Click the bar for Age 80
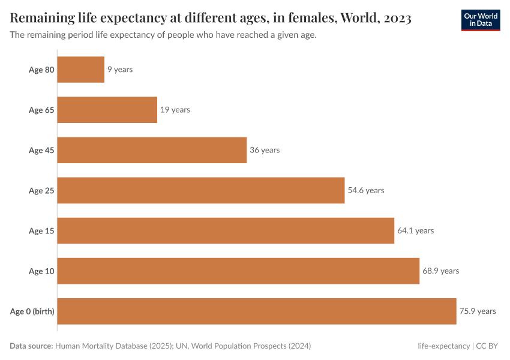click(81, 70)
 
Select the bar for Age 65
click(107, 110)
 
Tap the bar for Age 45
click(152, 150)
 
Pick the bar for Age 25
click(201, 190)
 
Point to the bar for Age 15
click(226, 230)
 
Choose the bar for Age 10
click(238, 271)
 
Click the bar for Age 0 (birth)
click(257, 311)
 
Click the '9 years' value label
click(120, 70)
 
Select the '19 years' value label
click(175, 110)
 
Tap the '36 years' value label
click(265, 150)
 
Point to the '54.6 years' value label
click(366, 190)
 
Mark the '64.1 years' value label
click(415, 230)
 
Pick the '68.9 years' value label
click(440, 271)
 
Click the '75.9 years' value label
click(478, 311)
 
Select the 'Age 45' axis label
click(41, 150)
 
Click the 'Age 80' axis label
click(41, 70)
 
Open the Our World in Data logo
click(480, 20)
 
